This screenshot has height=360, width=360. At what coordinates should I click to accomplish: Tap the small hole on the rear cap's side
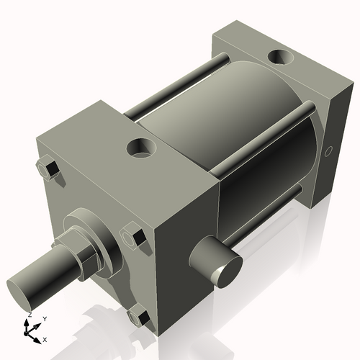[329, 152]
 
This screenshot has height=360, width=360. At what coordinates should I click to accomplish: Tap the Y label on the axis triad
[44, 318]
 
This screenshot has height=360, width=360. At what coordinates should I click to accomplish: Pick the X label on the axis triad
[45, 338]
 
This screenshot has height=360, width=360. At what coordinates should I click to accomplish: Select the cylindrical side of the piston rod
[43, 277]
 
